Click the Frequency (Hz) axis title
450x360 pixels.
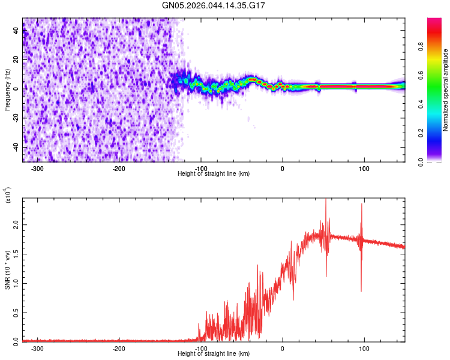[7, 90]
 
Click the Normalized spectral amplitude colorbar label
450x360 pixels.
[446, 91]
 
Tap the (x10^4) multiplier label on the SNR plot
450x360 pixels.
[7, 195]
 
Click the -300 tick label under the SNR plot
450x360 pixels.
[37, 348]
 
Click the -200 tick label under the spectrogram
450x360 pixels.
[119, 169]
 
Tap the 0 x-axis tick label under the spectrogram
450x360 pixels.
[283, 169]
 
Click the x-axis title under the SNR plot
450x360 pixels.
[214, 354]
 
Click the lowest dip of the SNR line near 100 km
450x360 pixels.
[361, 291]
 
